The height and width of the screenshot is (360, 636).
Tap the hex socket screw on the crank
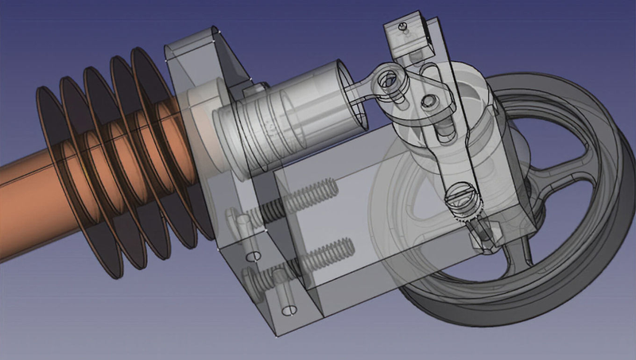pos(429,102)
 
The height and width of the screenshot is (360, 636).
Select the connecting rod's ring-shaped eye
pos(389,78)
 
